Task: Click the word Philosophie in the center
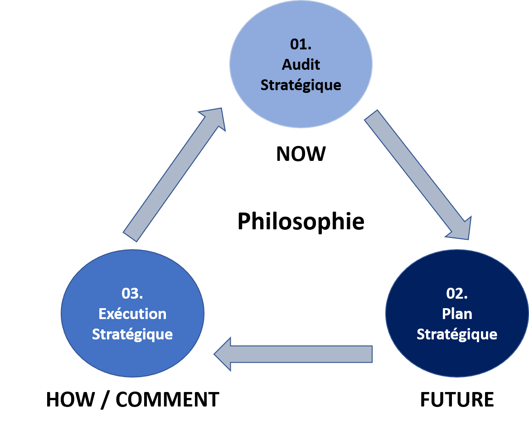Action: coord(301,222)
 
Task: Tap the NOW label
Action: coord(301,155)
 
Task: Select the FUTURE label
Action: coord(457,400)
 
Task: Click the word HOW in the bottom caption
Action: coord(70,400)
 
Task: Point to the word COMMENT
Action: coord(167,400)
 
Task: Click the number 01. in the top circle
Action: coord(301,44)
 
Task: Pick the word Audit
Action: coord(301,64)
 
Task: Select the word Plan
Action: coord(457,314)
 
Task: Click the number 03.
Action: coord(132,293)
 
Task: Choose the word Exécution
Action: coord(132,314)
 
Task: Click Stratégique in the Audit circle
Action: coord(301,85)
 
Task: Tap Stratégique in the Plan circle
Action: coord(457,334)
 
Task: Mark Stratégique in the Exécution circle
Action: coord(132,334)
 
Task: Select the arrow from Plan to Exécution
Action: coord(299,353)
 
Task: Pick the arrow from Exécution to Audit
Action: coord(175,174)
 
